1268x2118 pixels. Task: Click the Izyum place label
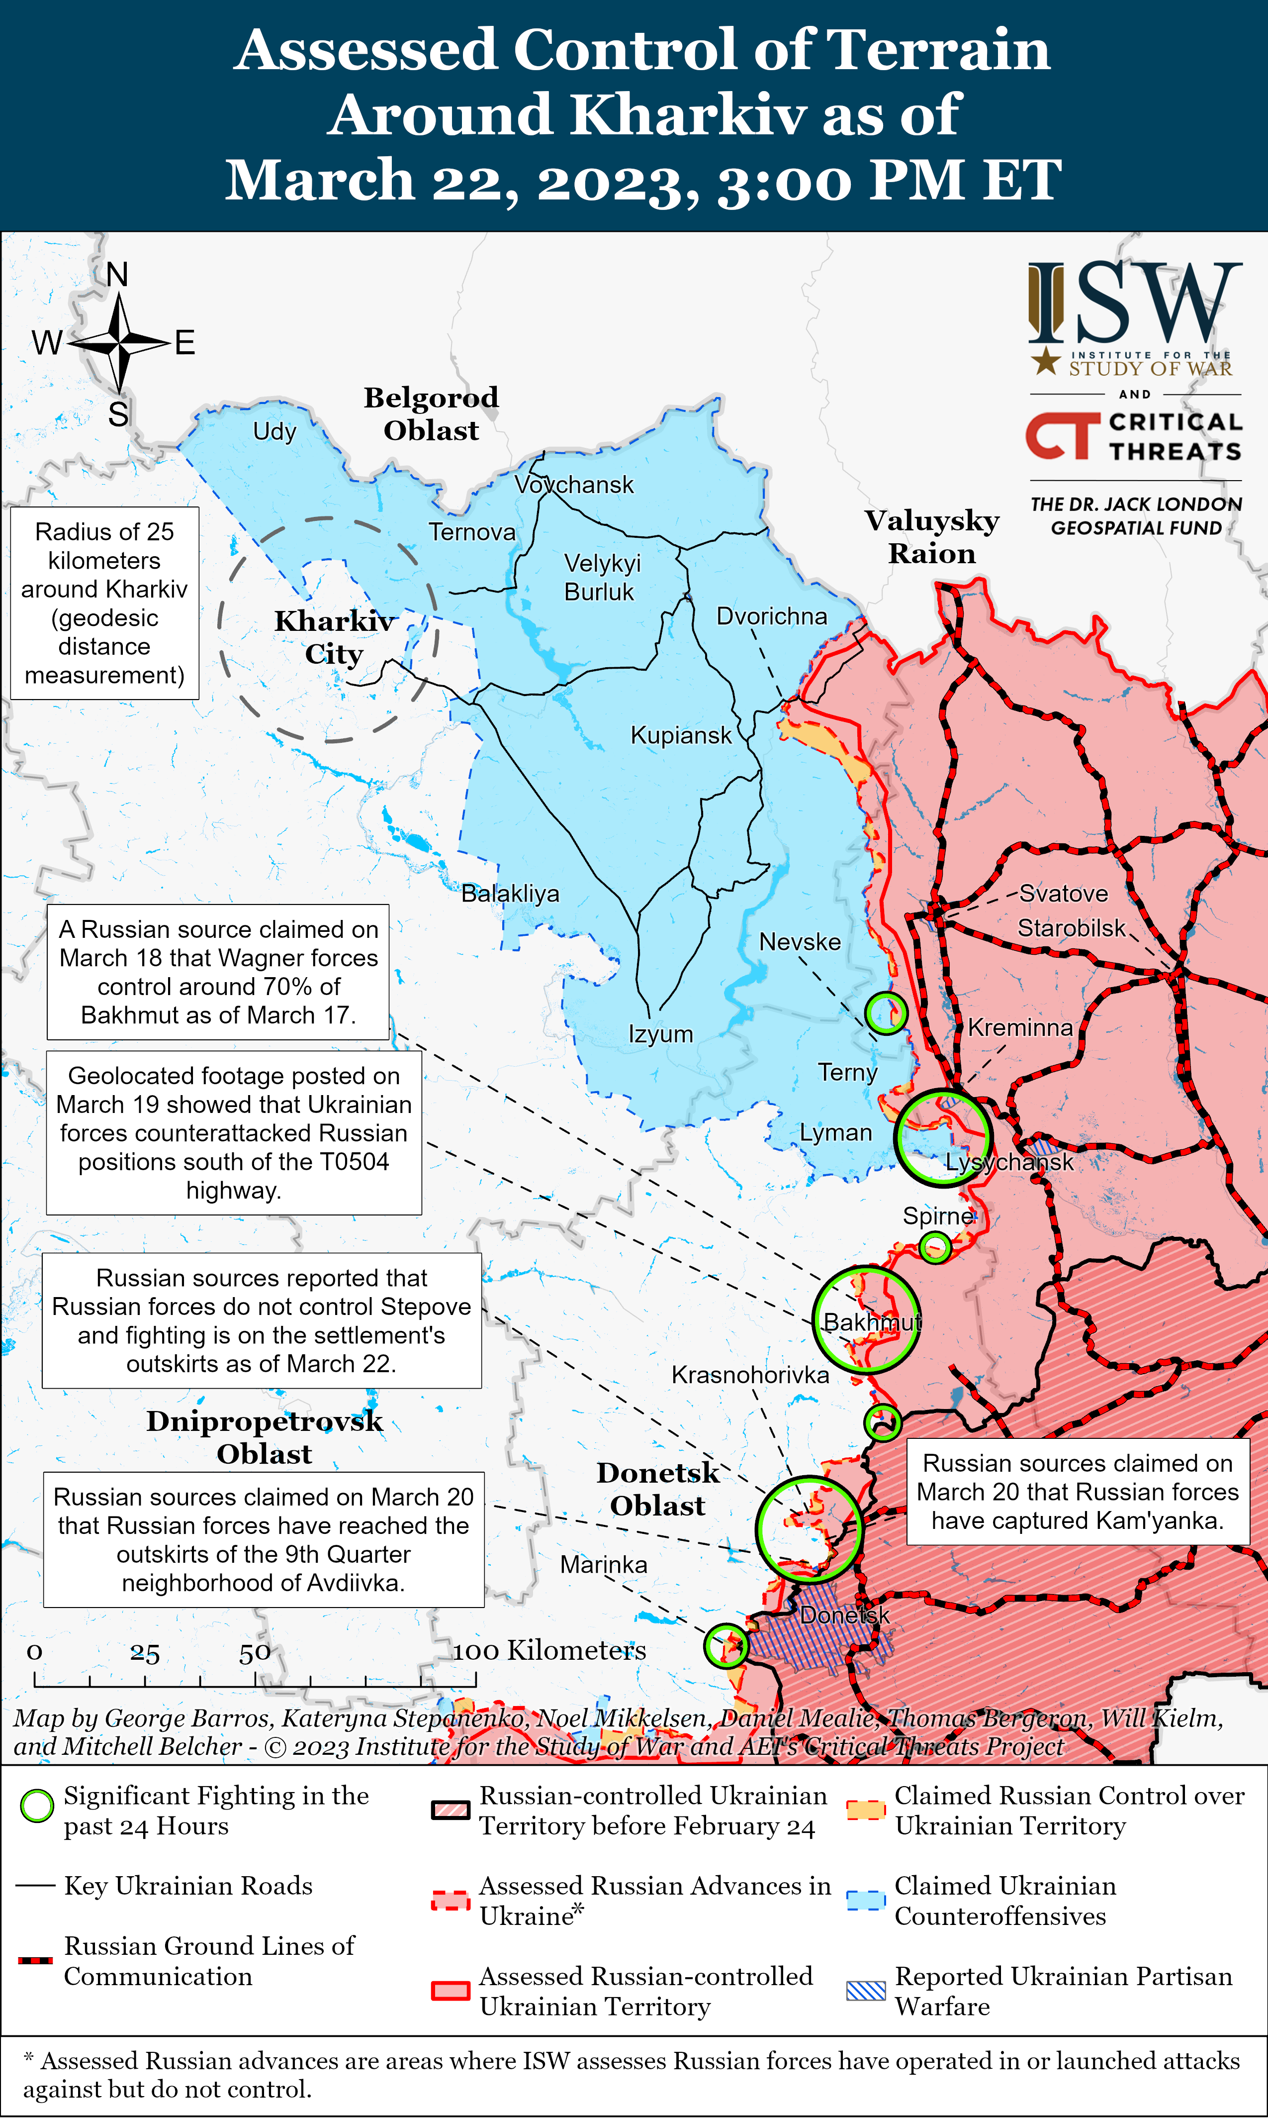[x=660, y=1034]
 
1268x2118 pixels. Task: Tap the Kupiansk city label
[x=681, y=735]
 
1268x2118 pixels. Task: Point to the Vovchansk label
[x=574, y=485]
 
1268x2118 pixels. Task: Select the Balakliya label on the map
[x=510, y=894]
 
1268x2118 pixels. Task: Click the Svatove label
[x=1063, y=894]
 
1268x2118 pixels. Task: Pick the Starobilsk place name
[x=1072, y=928]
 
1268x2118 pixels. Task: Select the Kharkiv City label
[x=334, y=637]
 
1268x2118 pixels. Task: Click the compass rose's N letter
[x=117, y=275]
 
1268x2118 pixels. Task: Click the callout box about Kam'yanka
[x=1078, y=1492]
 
